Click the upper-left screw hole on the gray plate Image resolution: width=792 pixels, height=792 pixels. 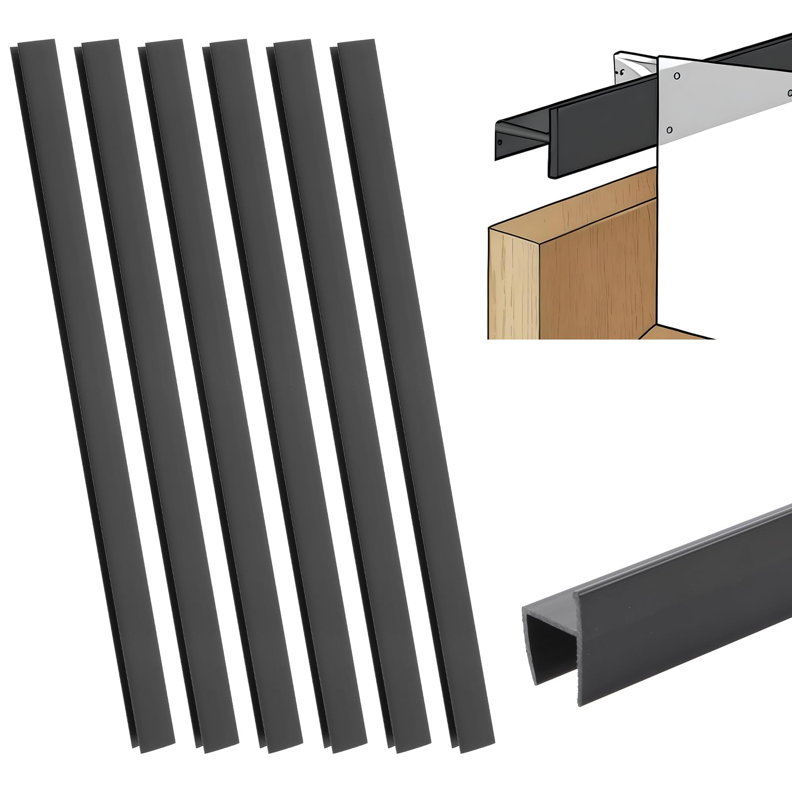click(x=677, y=76)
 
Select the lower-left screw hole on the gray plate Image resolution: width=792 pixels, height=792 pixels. click(x=669, y=131)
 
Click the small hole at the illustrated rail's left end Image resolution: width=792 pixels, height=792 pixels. click(x=500, y=143)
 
